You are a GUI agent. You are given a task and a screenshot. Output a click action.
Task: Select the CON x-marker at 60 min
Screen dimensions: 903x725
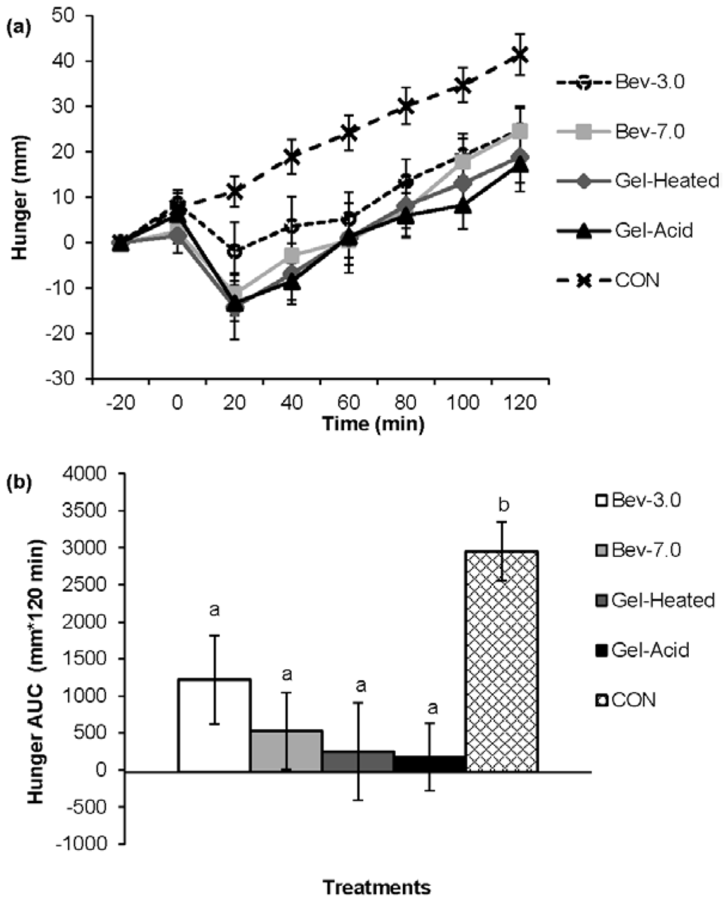[x=348, y=132]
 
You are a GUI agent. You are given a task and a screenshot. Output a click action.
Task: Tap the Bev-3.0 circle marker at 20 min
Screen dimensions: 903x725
[x=234, y=251]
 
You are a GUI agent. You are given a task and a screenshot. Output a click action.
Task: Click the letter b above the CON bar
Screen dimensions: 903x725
[x=503, y=505]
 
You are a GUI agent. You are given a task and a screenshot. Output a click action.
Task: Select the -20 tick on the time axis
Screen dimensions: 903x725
[x=120, y=401]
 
